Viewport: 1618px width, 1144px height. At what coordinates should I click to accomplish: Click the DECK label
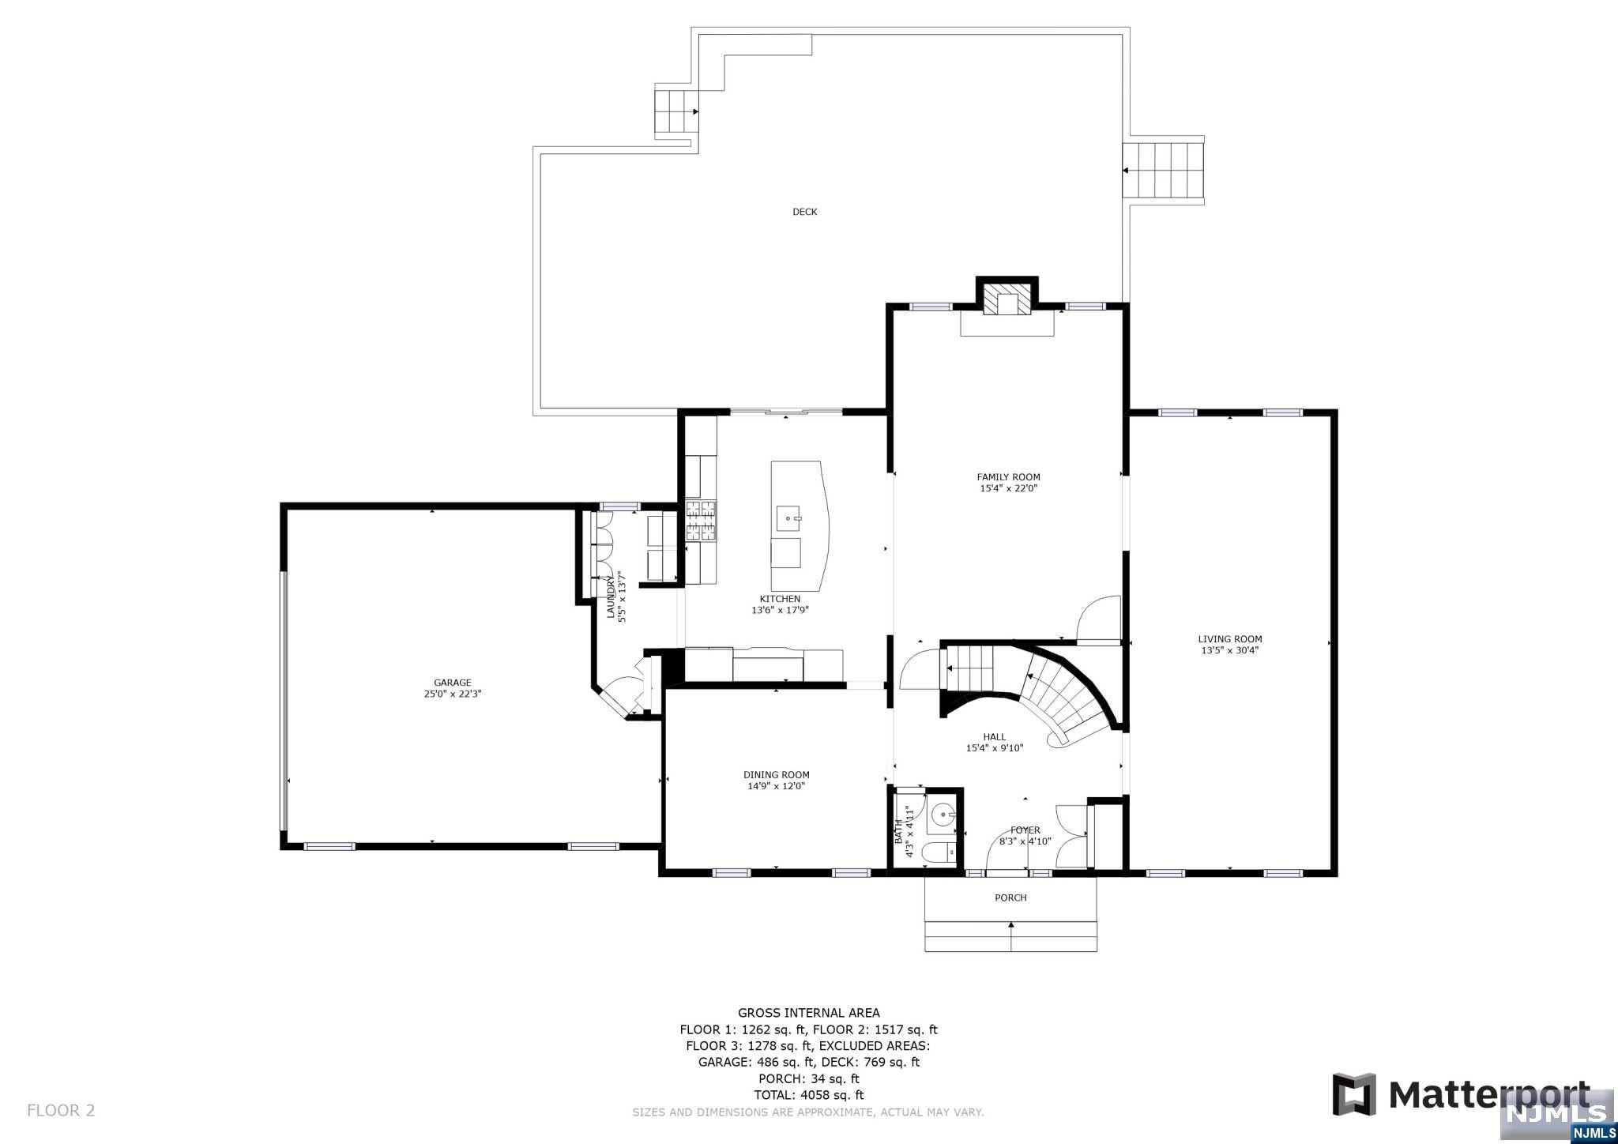point(804,212)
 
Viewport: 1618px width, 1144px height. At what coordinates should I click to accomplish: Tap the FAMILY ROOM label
point(1008,477)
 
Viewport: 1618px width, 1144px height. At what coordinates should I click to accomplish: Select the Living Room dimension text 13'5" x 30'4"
point(1229,651)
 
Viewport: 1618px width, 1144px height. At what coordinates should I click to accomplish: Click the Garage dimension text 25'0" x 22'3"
point(452,694)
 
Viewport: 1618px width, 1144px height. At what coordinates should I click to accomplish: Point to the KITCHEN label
point(780,599)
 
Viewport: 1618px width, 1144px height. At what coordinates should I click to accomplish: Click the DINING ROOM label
point(776,775)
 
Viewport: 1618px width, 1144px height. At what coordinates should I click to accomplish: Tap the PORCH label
point(1010,898)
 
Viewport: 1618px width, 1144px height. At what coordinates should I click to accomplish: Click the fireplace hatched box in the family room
point(1007,303)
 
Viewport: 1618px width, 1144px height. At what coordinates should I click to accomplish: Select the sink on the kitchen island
point(788,519)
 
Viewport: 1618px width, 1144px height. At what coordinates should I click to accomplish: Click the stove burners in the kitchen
point(700,521)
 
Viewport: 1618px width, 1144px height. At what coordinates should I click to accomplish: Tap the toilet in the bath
point(943,853)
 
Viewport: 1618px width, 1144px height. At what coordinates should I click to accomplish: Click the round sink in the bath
point(943,815)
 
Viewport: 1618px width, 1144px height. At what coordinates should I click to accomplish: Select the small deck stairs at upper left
point(676,111)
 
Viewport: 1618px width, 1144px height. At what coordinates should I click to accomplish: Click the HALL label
point(994,737)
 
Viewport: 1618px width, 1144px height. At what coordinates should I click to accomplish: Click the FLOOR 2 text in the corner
point(61,1110)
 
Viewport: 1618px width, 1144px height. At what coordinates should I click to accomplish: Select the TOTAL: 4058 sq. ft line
point(808,1095)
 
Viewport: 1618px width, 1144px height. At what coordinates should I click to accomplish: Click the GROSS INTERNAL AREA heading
point(808,1013)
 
